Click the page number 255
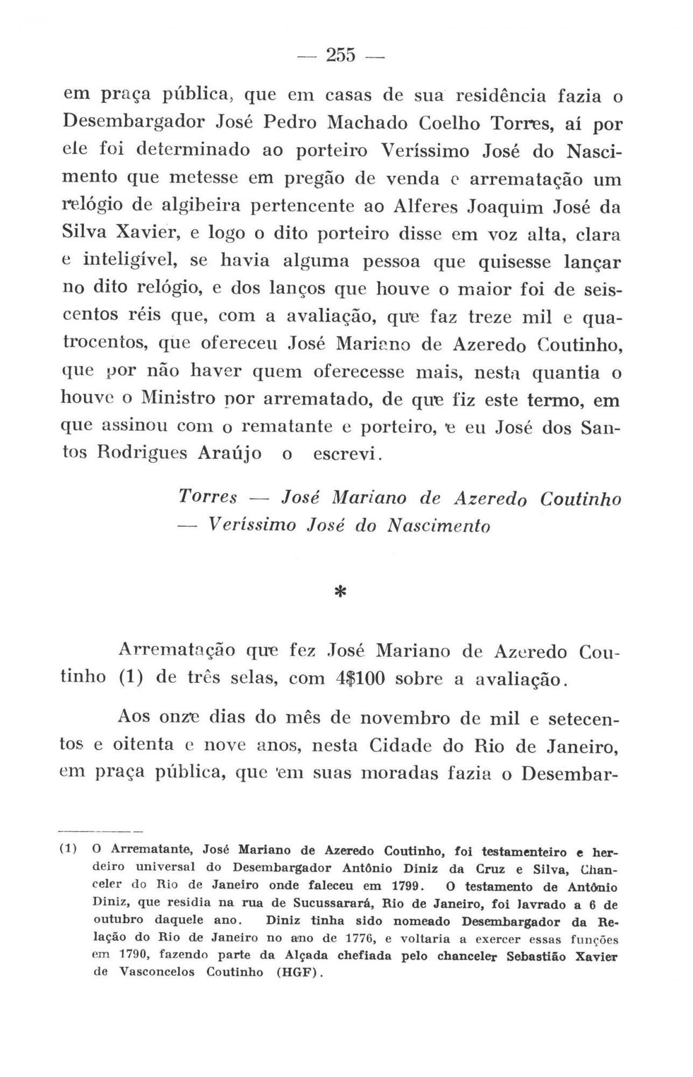pos(341,55)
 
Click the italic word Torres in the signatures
pos(207,497)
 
